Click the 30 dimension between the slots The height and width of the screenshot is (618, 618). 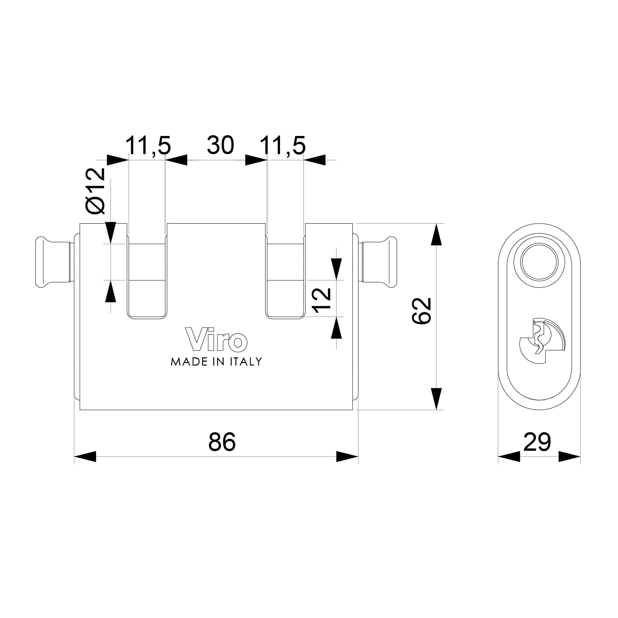[221, 145]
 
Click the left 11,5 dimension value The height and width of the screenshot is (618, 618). [148, 145]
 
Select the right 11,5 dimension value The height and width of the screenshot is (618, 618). [283, 145]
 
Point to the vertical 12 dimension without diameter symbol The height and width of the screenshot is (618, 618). [322, 300]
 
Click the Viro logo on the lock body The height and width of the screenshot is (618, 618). [217, 340]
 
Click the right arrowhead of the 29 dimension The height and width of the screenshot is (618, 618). [569, 457]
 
